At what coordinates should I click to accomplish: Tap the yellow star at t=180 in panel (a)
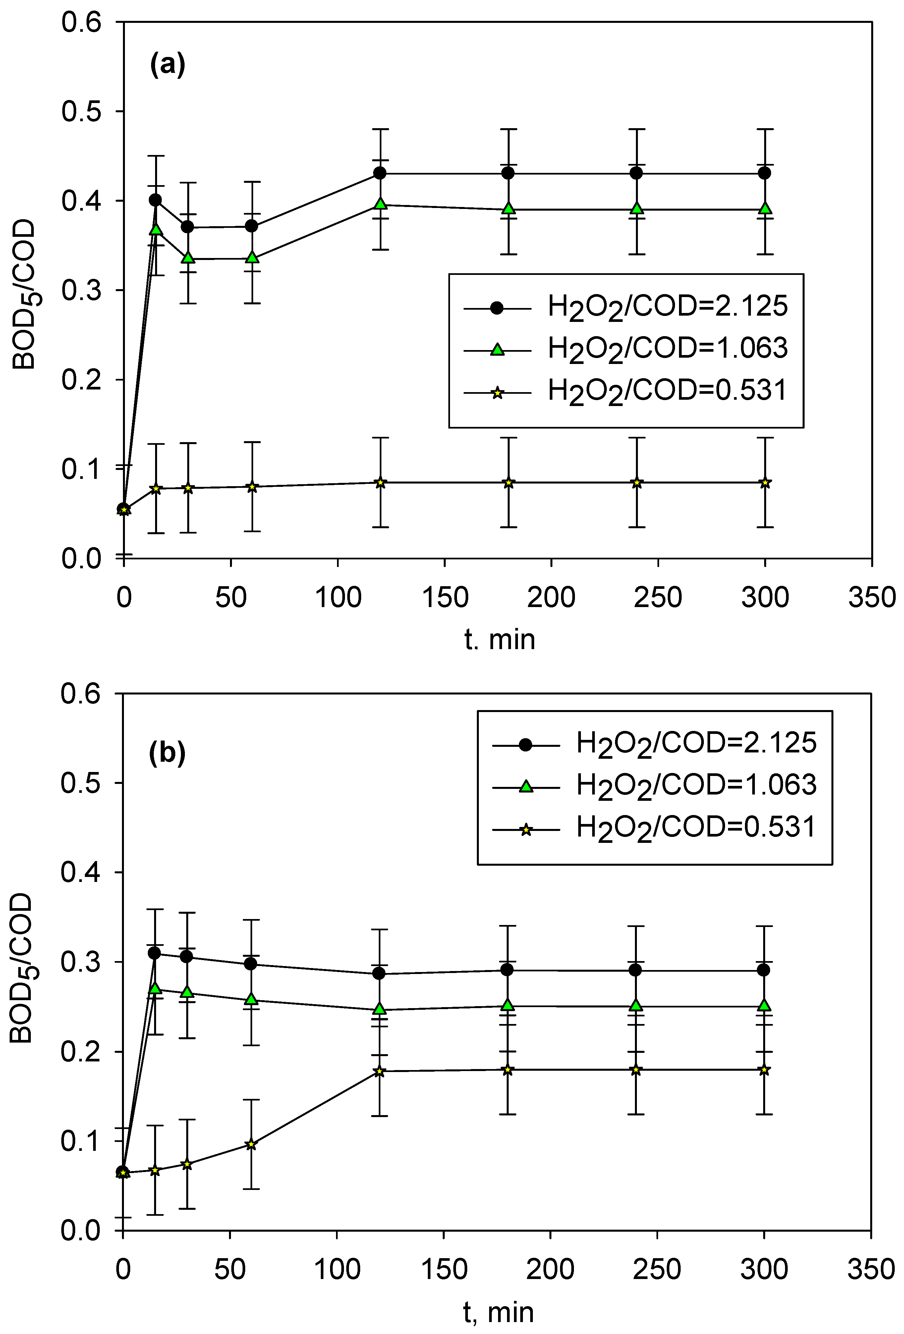(508, 482)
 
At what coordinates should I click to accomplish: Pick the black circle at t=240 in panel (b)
(635, 969)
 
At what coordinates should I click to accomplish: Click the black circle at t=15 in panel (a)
(155, 200)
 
